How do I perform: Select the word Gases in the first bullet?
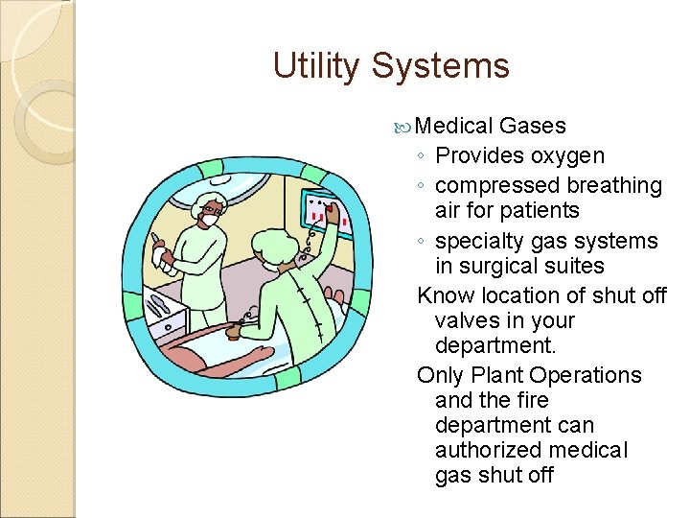click(533, 126)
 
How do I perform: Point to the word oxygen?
click(568, 155)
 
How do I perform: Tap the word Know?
click(447, 295)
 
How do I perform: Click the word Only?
click(441, 375)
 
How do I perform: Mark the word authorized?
click(494, 450)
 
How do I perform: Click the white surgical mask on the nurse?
click(209, 221)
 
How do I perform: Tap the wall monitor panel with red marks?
click(322, 217)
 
